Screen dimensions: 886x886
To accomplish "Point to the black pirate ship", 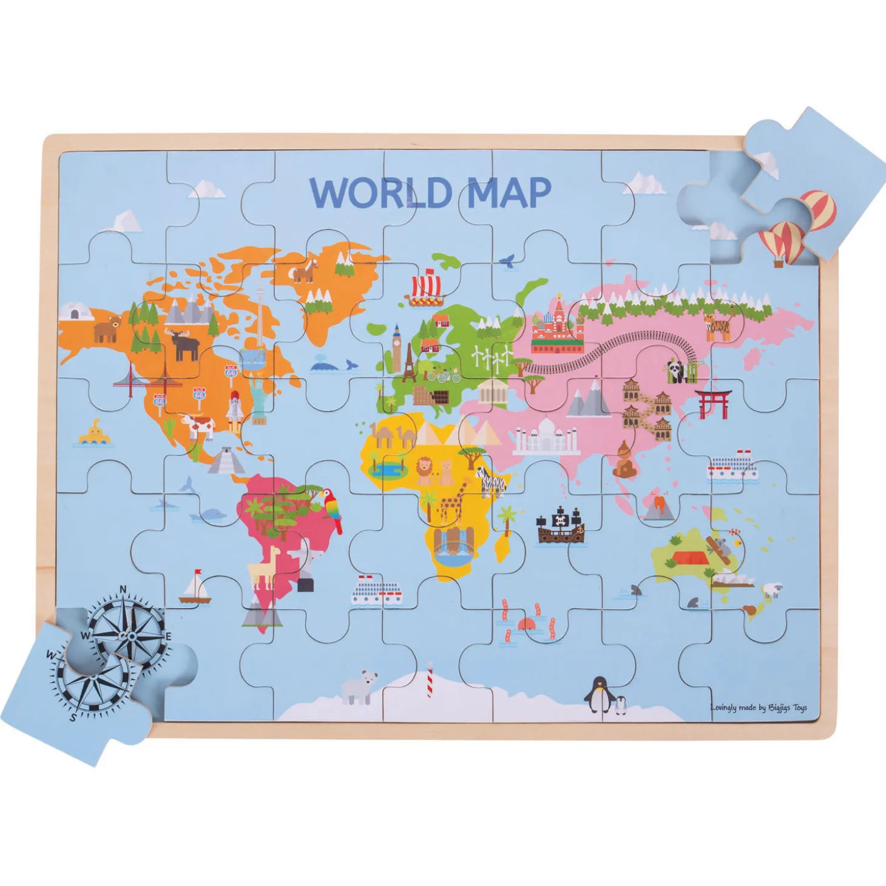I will [560, 526].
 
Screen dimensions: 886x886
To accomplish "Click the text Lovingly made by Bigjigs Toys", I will [759, 708].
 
